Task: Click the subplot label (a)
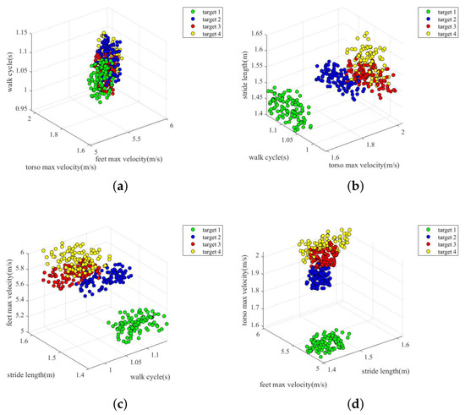[120, 187]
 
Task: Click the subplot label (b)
[355, 187]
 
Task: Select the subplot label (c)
[120, 404]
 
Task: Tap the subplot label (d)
[355, 404]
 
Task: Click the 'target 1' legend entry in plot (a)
[206, 12]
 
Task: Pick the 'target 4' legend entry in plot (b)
[442, 34]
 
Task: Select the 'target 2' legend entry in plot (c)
[206, 238]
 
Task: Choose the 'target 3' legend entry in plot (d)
[442, 244]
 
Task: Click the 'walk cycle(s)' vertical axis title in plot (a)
[10, 72]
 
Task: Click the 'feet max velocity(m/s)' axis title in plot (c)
[10, 292]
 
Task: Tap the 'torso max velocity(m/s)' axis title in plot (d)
[245, 290]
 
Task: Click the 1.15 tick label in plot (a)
[22, 32]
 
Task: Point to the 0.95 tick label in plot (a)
[21, 108]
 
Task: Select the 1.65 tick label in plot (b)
[257, 33]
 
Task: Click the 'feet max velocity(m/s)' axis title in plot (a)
[129, 159]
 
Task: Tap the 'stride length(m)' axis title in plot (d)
[386, 371]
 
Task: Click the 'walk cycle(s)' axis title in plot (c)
[150, 377]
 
